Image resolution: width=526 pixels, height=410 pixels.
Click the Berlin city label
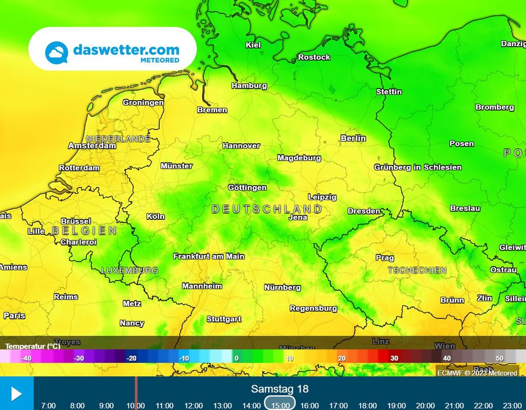353,138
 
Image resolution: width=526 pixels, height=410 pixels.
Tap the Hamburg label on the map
249,86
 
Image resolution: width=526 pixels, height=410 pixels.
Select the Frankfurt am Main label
209,256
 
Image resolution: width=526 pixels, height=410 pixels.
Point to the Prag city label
385,258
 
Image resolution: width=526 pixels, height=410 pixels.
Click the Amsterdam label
92,146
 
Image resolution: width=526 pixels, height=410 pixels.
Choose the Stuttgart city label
224,319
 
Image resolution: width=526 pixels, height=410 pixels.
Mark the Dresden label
364,211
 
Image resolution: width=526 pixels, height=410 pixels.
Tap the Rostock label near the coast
314,57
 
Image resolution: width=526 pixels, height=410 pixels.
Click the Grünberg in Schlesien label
418,167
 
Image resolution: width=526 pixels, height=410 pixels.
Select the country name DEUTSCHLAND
267,209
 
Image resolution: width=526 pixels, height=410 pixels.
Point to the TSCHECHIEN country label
417,270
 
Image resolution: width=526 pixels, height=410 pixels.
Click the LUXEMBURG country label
129,270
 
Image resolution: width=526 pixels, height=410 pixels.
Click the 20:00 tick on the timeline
425,405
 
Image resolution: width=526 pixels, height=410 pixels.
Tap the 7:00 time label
48,405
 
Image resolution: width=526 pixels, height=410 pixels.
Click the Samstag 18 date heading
280,389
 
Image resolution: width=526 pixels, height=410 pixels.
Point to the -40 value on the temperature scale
27,358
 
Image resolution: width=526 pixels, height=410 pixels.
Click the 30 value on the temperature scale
394,358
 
